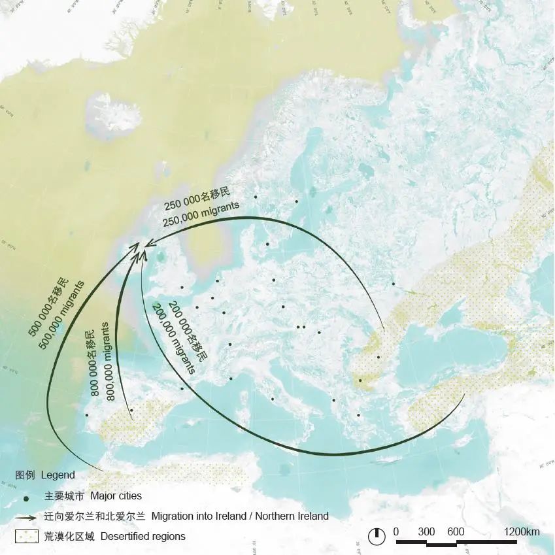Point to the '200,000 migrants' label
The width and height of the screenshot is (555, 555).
click(x=173, y=338)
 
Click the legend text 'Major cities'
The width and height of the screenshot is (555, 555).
click(x=116, y=496)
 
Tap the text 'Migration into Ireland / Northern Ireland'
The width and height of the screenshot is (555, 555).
click(x=240, y=516)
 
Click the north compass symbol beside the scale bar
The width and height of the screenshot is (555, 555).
click(x=377, y=536)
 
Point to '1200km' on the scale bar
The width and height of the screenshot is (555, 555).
click(x=522, y=532)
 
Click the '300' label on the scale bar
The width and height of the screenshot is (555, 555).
click(x=426, y=532)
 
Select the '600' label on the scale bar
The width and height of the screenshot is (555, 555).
click(x=456, y=532)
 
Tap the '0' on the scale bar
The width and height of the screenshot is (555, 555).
click(x=396, y=532)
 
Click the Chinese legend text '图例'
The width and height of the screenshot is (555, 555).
click(x=25, y=475)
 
